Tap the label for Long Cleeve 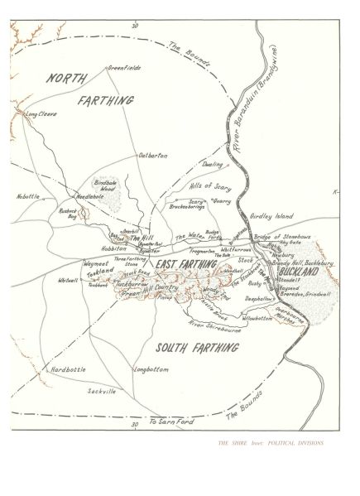click(x=41, y=113)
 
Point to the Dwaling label click(x=212, y=164)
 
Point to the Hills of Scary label click(x=210, y=187)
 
